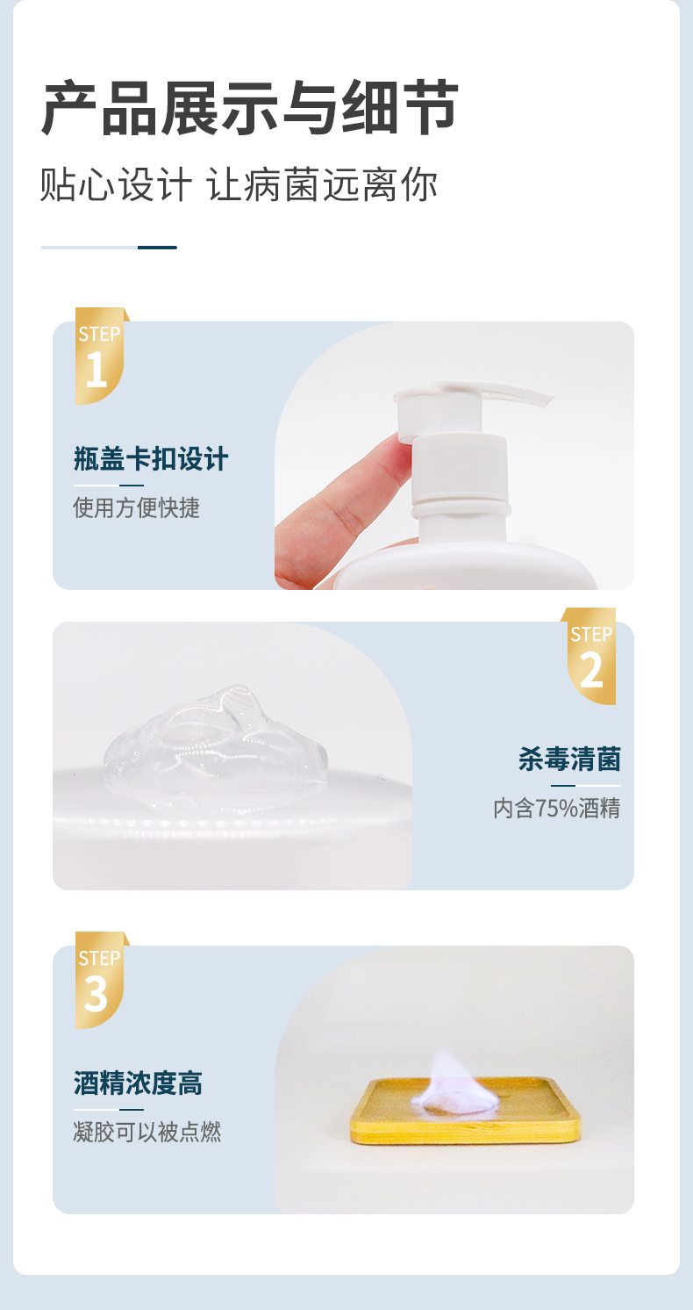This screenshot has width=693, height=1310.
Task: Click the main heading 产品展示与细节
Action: pos(250,107)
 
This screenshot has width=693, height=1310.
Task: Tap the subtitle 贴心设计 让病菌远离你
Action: pos(239,185)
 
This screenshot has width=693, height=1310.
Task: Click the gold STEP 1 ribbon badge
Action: pos(99,356)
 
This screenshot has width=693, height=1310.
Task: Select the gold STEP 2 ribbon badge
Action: pos(590,655)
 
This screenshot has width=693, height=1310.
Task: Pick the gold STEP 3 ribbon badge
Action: pos(99,979)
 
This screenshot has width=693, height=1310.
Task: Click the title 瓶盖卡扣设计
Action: pos(151,458)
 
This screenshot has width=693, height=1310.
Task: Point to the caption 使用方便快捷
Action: pos(136,507)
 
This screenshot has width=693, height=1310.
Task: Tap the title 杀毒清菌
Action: pos(569,759)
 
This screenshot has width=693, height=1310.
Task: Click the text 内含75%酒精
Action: pos(556,808)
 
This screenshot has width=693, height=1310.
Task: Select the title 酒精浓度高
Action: pos(138,1083)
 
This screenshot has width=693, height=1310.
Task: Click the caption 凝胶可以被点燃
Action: pos(146,1132)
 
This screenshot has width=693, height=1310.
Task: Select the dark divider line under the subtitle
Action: pos(157,248)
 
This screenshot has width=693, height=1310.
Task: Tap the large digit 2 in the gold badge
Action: pos(591,671)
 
